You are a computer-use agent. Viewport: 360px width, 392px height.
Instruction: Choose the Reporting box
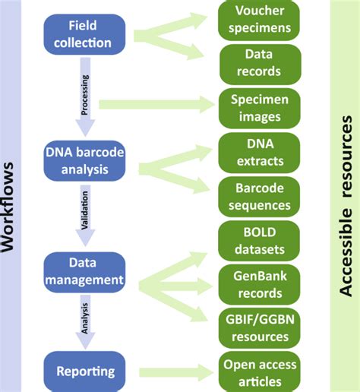click(x=85, y=371)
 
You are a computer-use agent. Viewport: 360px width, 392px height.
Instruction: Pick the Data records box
click(x=259, y=64)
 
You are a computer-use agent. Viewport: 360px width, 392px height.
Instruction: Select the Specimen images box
click(x=259, y=107)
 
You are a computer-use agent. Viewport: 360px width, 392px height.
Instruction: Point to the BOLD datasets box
click(x=259, y=240)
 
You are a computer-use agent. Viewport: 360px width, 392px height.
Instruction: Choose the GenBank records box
click(x=259, y=284)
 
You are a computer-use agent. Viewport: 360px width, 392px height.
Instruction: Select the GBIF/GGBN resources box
click(x=259, y=327)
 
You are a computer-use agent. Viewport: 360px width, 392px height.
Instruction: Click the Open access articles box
click(x=259, y=371)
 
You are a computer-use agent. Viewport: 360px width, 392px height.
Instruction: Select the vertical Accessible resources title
click(x=346, y=196)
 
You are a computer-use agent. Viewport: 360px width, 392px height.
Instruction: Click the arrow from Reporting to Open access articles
click(x=171, y=371)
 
